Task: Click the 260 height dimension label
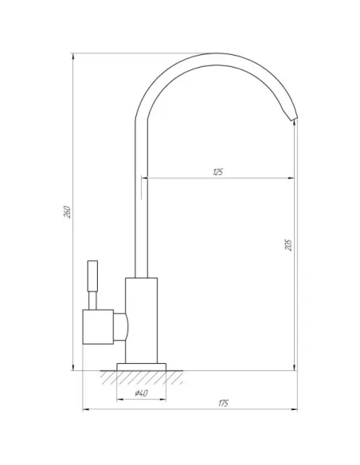(x=68, y=212)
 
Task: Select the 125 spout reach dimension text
(x=217, y=172)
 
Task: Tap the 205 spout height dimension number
(x=288, y=245)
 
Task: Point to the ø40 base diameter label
(x=141, y=393)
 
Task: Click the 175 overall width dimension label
(x=224, y=404)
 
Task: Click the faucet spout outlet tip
(x=294, y=119)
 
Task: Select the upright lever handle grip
(x=92, y=276)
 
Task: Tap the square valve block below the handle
(x=98, y=326)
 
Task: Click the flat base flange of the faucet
(x=142, y=367)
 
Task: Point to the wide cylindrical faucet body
(x=141, y=321)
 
